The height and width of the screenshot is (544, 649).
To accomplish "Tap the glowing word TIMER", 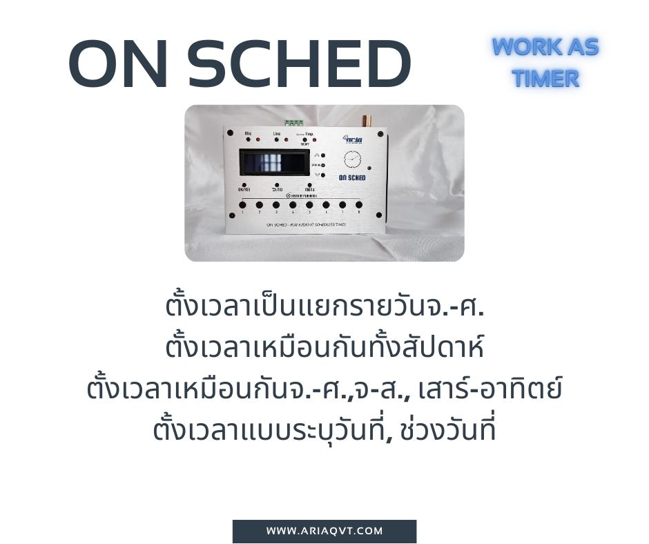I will (545, 79).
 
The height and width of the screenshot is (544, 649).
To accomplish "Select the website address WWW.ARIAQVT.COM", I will (324, 531).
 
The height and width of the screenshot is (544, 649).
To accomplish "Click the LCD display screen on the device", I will (274, 164).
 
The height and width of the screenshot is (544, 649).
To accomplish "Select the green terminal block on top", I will (293, 123).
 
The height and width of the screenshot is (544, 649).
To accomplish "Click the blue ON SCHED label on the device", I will (352, 178).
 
